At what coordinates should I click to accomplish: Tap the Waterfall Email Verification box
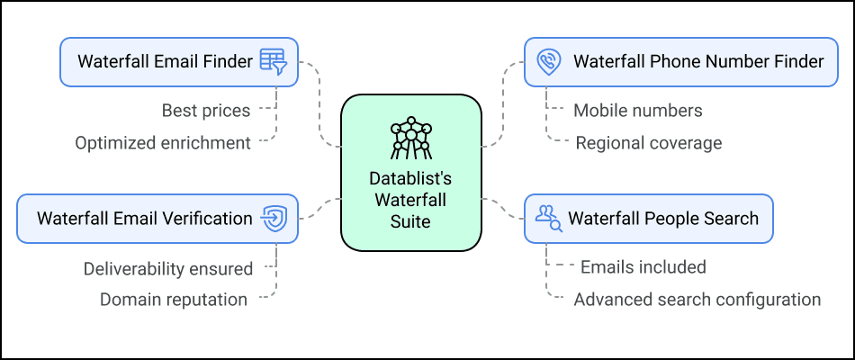(x=157, y=219)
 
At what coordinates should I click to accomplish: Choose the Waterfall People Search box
(x=648, y=219)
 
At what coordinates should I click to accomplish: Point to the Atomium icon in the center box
(x=411, y=136)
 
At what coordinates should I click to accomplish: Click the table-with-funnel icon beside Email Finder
(x=273, y=62)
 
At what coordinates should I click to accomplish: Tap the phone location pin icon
(x=548, y=62)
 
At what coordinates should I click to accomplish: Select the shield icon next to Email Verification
(x=273, y=219)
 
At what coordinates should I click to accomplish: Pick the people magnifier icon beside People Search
(x=548, y=219)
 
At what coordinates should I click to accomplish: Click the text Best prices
(x=206, y=111)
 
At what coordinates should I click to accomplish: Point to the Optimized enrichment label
(x=163, y=143)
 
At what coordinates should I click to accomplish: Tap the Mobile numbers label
(x=638, y=111)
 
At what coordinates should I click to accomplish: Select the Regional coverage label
(x=648, y=143)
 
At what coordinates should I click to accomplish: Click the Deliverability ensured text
(x=168, y=268)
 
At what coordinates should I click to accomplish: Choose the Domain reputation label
(x=174, y=300)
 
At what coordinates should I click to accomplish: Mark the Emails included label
(x=643, y=267)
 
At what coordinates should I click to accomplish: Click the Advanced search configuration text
(x=697, y=300)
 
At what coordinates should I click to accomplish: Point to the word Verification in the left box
(x=206, y=219)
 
